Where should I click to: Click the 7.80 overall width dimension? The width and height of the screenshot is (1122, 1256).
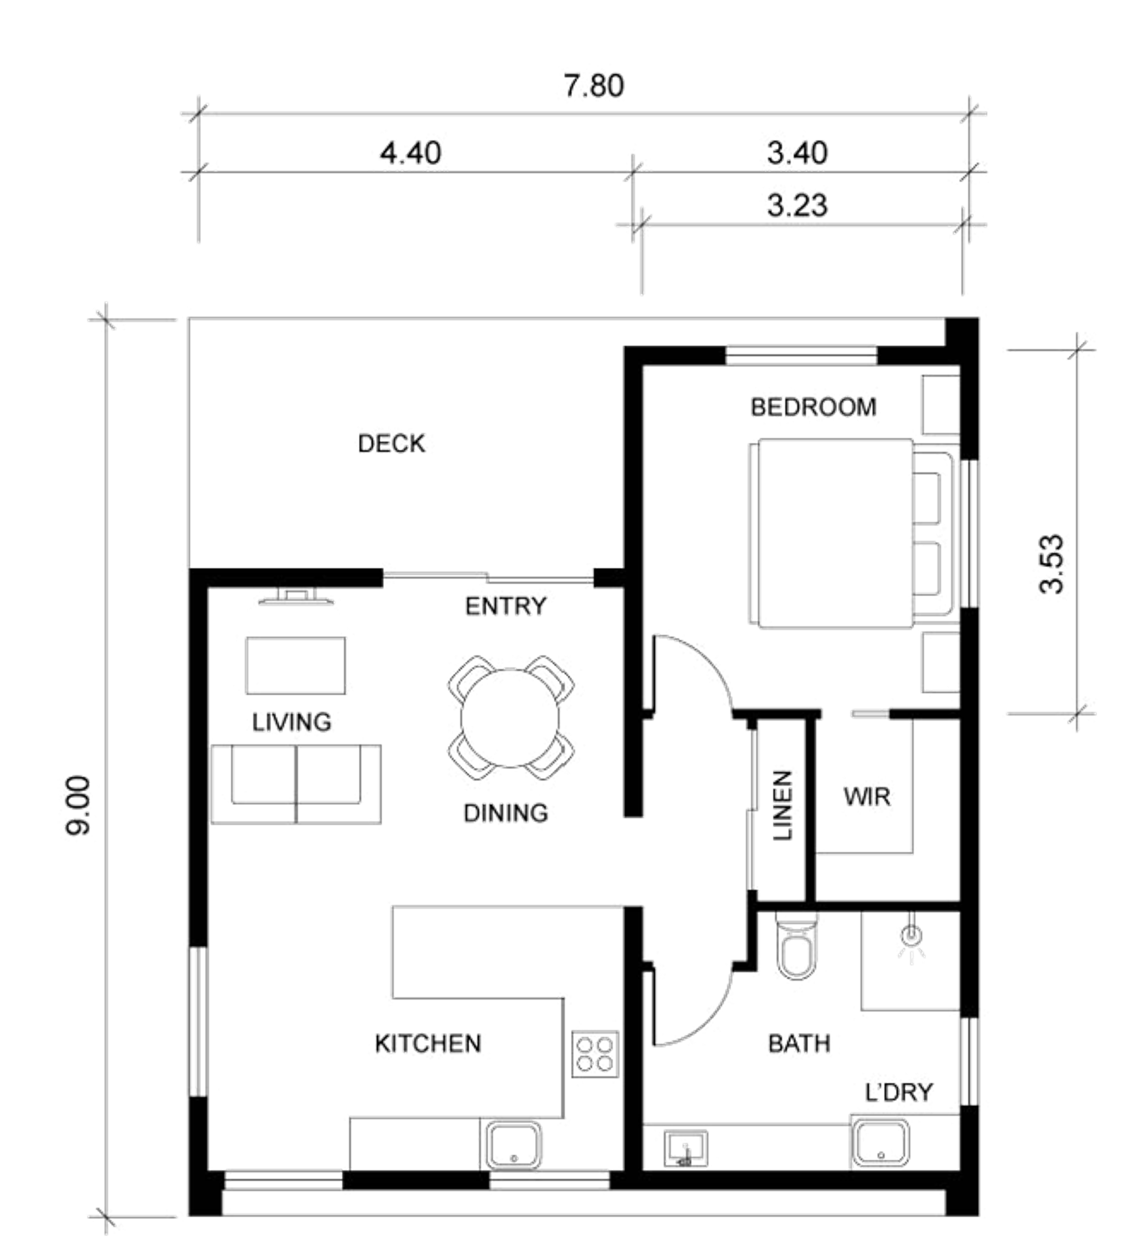[x=594, y=85]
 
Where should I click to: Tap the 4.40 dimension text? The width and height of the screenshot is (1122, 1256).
[x=410, y=152]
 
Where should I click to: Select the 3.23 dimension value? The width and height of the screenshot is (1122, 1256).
[x=797, y=205]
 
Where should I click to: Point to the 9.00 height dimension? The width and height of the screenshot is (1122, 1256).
[x=78, y=804]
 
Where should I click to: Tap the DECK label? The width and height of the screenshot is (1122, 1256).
[x=392, y=443]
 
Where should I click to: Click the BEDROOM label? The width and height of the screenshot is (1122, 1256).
[x=813, y=407]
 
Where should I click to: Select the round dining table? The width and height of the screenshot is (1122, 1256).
[x=510, y=718]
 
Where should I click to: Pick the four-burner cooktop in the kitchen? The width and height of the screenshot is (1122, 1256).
[x=595, y=1054]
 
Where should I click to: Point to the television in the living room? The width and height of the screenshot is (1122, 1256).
[x=296, y=597]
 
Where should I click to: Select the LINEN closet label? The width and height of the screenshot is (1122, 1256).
[x=782, y=805]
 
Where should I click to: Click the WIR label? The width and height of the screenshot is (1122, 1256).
[x=867, y=797]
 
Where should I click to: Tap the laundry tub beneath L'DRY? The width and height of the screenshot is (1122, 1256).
[x=880, y=1143]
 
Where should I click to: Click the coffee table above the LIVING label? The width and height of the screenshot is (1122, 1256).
[x=295, y=666]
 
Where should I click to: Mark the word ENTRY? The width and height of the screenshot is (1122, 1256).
[x=506, y=606]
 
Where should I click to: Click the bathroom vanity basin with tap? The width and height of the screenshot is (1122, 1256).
[x=685, y=1149]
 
